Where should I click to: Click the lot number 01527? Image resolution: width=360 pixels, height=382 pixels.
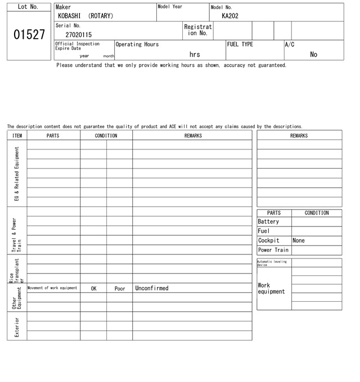(29, 35)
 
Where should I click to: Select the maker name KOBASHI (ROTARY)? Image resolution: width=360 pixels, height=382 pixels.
(85, 16)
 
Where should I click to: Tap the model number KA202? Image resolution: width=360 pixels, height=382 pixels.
(230, 16)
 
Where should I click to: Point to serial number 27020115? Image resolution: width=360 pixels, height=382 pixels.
(78, 35)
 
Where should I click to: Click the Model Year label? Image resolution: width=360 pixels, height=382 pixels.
(170, 7)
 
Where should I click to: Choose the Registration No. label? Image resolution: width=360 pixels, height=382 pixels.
(198, 30)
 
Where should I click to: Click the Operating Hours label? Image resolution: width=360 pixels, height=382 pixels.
(137, 44)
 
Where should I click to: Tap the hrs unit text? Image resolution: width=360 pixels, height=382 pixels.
(195, 54)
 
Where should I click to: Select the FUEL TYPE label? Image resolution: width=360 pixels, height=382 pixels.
(240, 44)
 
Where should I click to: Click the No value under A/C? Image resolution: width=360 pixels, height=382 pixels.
(313, 54)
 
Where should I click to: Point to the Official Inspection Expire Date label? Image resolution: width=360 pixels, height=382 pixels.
(78, 46)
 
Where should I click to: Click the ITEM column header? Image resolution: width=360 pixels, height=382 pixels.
(17, 135)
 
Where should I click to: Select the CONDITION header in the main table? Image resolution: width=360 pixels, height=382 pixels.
(106, 135)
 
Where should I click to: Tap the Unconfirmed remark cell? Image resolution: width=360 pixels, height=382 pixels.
(152, 288)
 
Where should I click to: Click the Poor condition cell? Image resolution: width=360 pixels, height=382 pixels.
(120, 288)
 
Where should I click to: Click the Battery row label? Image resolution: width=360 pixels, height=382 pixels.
(268, 222)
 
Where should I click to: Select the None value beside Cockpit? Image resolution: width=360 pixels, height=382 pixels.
(299, 240)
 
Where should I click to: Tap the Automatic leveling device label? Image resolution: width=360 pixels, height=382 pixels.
(272, 263)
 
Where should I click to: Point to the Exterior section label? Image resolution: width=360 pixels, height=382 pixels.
(17, 326)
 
